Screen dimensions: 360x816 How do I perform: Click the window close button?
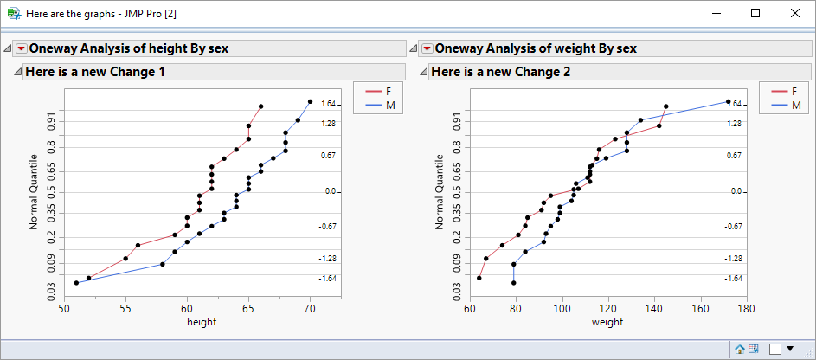795,13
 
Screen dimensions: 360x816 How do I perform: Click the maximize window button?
755,13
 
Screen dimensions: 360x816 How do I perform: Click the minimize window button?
716,13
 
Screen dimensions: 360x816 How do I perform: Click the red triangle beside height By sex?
22,49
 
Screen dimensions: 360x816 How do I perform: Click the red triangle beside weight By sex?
427,49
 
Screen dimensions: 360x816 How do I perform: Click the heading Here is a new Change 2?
500,72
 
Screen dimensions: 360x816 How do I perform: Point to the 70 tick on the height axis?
310,307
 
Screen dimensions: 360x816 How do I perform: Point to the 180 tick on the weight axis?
747,307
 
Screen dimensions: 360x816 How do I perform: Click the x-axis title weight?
607,322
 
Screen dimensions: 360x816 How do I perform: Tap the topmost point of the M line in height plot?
310,101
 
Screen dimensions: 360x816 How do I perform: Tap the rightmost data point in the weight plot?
728,102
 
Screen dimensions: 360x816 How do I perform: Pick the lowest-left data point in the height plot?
76,283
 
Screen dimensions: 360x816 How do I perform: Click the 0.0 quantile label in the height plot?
330,191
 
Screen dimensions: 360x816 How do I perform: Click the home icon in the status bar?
740,349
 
